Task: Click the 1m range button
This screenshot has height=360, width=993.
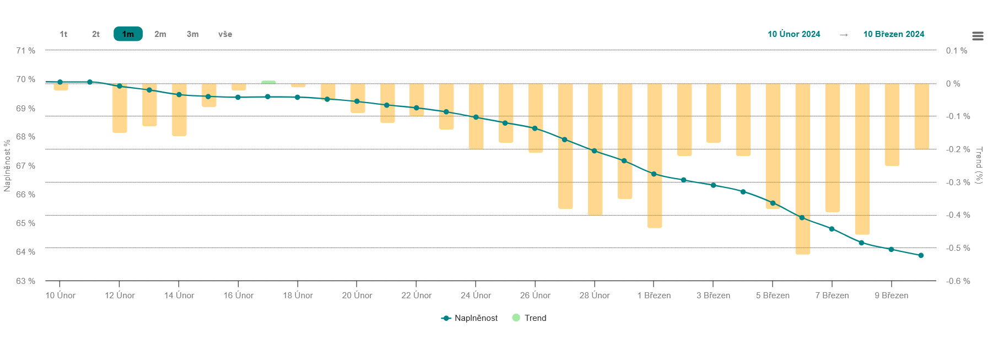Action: tap(128, 34)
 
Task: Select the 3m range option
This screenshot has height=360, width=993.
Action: tap(192, 34)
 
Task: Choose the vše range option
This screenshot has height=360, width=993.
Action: tap(225, 34)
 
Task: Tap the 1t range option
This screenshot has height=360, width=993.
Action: tap(63, 34)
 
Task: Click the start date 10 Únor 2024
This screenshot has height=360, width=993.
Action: tap(794, 34)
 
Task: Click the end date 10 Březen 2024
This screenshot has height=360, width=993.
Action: tap(893, 34)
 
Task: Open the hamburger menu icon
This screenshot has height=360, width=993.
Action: tap(978, 36)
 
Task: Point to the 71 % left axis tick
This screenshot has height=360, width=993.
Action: tap(25, 51)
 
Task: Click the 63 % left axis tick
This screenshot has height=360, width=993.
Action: tap(25, 281)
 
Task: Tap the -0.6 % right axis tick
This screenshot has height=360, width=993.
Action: tap(958, 281)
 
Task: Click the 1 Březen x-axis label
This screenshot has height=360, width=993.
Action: tap(654, 295)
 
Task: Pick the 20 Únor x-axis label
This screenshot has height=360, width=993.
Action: tap(357, 295)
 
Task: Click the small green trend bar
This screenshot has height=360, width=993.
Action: tap(268, 82)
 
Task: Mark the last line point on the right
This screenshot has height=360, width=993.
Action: tap(921, 255)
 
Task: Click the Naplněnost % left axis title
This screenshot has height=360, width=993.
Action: tap(7, 165)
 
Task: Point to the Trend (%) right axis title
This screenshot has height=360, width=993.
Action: tap(979, 165)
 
